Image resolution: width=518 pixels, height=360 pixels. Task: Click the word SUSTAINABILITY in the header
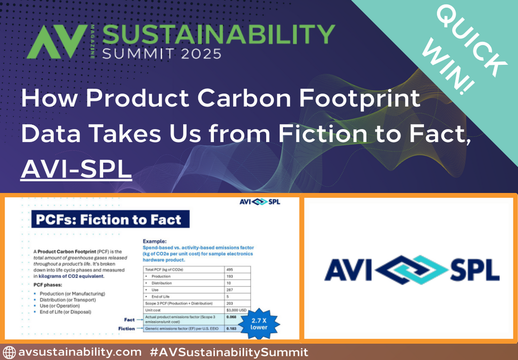pyautogui.click(x=218, y=34)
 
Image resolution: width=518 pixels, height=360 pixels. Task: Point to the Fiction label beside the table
pyautogui.click(x=126, y=329)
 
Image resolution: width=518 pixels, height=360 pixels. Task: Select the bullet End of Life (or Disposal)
pyautogui.click(x=66, y=312)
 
